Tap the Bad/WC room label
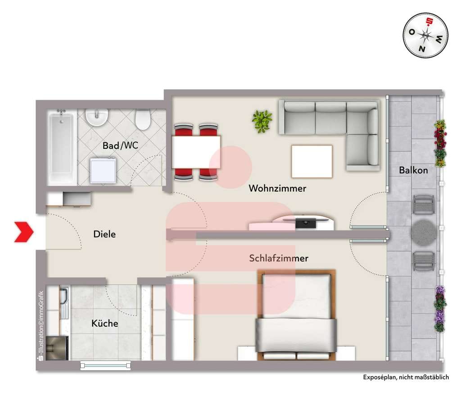click(x=120, y=145)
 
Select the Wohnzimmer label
click(x=277, y=188)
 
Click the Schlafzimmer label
click(x=278, y=258)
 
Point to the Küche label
click(x=104, y=323)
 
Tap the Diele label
click(x=104, y=234)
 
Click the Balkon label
click(x=413, y=170)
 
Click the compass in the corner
click(x=425, y=35)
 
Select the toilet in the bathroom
click(x=143, y=119)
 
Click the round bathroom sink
click(x=97, y=118)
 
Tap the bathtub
click(x=61, y=147)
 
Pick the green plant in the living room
click(x=262, y=121)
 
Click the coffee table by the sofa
click(x=312, y=161)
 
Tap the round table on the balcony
click(x=423, y=232)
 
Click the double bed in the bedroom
click(x=296, y=315)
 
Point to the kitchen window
click(x=105, y=366)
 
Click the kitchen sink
click(x=64, y=302)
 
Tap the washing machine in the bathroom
click(x=103, y=171)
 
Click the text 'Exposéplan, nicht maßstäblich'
click(x=406, y=377)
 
